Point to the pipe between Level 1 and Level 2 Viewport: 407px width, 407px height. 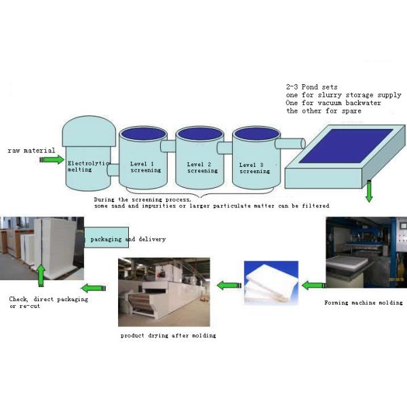(168, 147)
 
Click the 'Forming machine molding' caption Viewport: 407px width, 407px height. (364, 303)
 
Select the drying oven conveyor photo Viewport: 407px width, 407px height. (163, 292)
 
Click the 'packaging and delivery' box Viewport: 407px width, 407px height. (125, 239)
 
